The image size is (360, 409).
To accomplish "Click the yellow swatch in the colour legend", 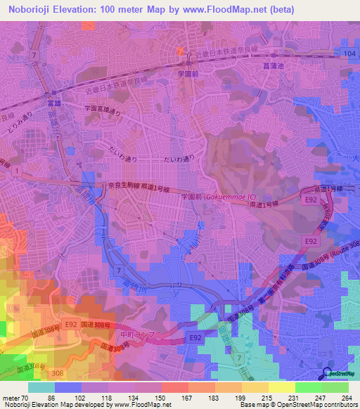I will point(282,388).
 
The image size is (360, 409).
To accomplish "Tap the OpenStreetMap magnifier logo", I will point(328,373).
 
